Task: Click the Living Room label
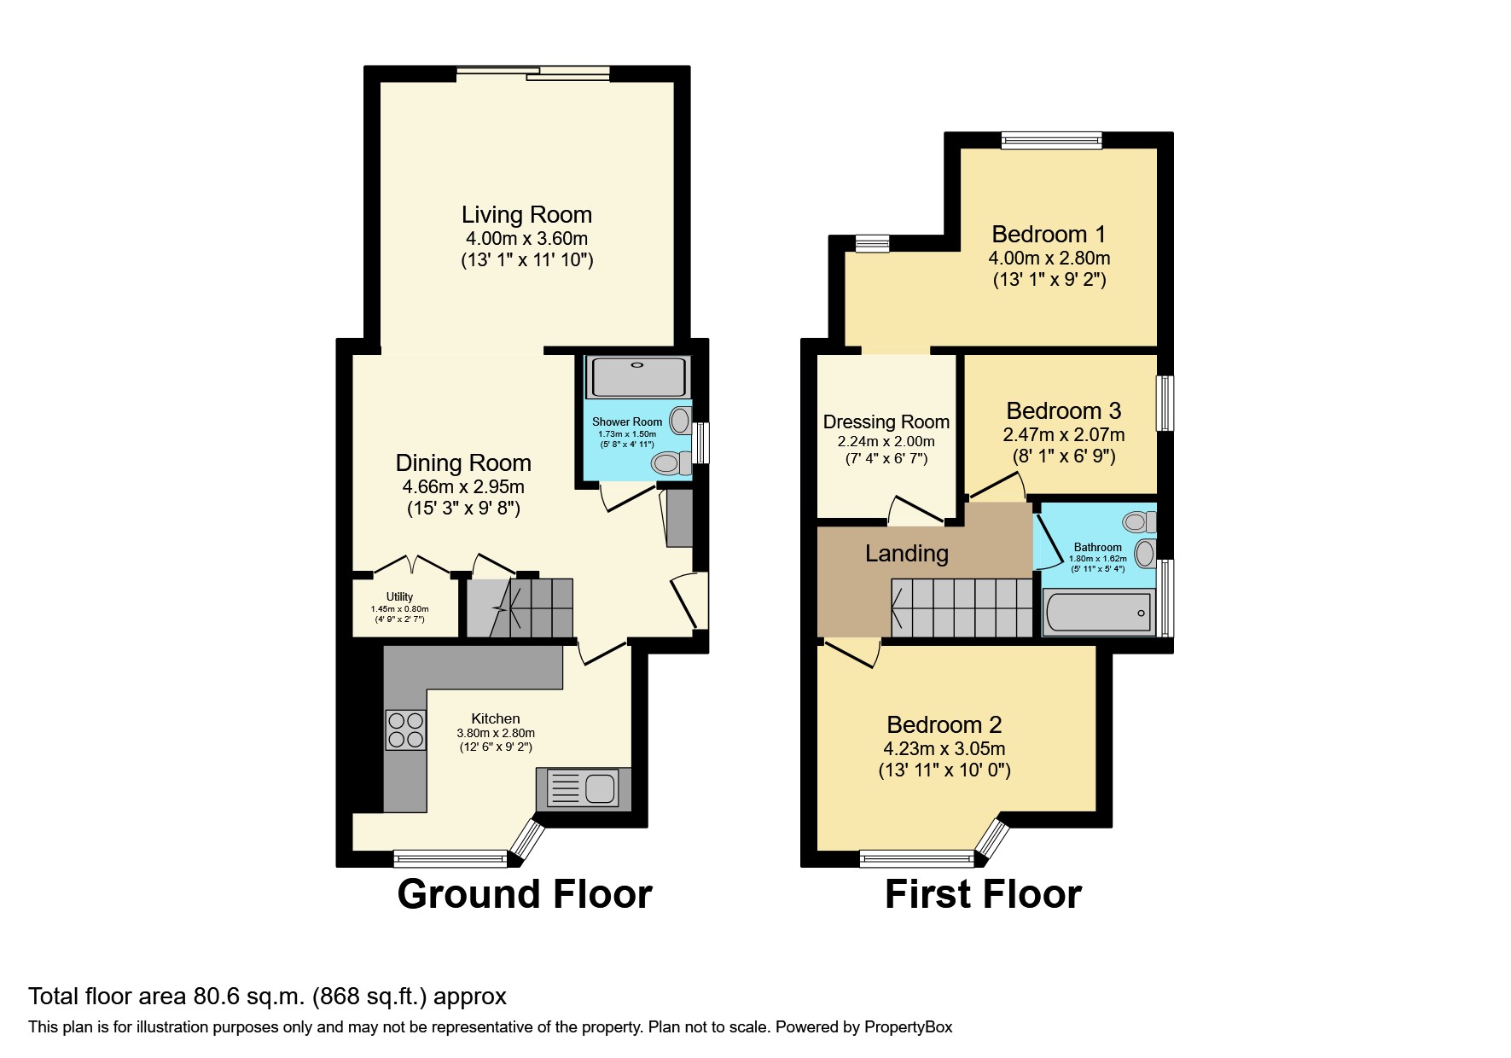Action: pyautogui.click(x=526, y=214)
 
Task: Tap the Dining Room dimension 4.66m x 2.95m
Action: pyautogui.click(x=463, y=487)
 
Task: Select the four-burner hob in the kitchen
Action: pyautogui.click(x=405, y=730)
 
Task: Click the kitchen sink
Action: pyautogui.click(x=583, y=788)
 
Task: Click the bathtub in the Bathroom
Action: pyautogui.click(x=1098, y=613)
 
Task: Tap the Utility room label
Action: pyautogui.click(x=399, y=596)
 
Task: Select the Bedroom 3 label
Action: pyautogui.click(x=1063, y=410)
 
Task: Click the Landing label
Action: pyautogui.click(x=906, y=554)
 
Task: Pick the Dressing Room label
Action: pyautogui.click(x=886, y=421)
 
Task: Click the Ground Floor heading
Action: pyautogui.click(x=525, y=894)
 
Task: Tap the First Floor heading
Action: pyautogui.click(x=983, y=894)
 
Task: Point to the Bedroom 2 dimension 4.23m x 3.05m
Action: pyautogui.click(x=944, y=748)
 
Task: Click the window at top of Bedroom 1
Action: pyautogui.click(x=1051, y=140)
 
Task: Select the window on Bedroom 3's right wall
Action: pyautogui.click(x=1165, y=403)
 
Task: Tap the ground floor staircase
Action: pyautogui.click(x=520, y=607)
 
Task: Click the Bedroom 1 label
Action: pyautogui.click(x=1049, y=234)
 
